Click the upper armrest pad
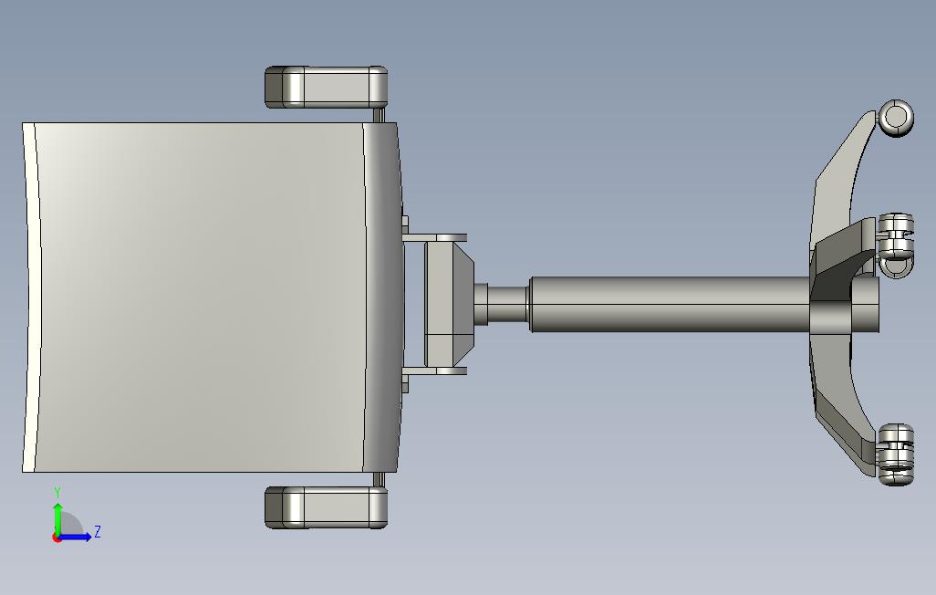click(x=326, y=88)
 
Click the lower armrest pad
click(x=326, y=507)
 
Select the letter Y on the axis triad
click(x=57, y=493)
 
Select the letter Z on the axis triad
click(x=98, y=531)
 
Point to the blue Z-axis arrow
click(x=74, y=537)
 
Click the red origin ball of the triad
click(x=57, y=538)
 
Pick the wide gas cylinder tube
click(x=670, y=304)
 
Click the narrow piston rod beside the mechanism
click(x=508, y=304)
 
